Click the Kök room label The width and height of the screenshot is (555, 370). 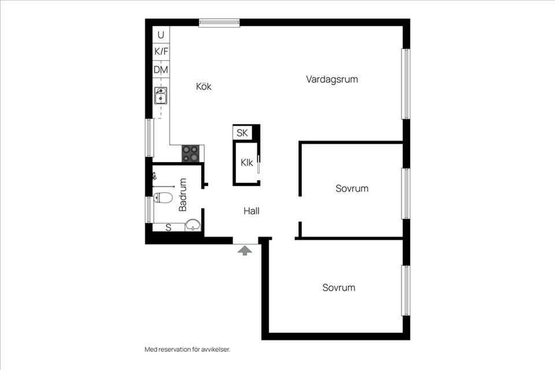[x=203, y=86]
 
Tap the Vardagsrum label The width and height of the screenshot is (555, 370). [x=332, y=79]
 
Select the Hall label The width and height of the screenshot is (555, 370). [x=251, y=211]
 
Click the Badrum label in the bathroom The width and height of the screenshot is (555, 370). [x=183, y=195]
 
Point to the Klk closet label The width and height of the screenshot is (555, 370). [x=247, y=162]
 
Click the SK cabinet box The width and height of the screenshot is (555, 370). [x=242, y=133]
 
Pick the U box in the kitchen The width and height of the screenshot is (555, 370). [x=161, y=35]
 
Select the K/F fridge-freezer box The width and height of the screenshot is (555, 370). [x=161, y=52]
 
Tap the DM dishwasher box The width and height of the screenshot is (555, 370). [x=161, y=69]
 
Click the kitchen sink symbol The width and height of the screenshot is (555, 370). [x=161, y=96]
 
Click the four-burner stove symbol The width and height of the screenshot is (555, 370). [x=190, y=153]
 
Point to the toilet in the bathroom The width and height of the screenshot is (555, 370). [x=163, y=198]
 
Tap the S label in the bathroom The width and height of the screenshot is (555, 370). [x=168, y=228]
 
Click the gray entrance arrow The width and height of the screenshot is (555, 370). [x=245, y=251]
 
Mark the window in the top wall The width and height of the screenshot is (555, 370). [x=220, y=23]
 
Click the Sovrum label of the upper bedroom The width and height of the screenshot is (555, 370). [x=352, y=188]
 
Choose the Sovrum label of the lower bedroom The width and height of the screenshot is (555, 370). [x=339, y=287]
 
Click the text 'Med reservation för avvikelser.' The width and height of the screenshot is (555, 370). [x=187, y=350]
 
